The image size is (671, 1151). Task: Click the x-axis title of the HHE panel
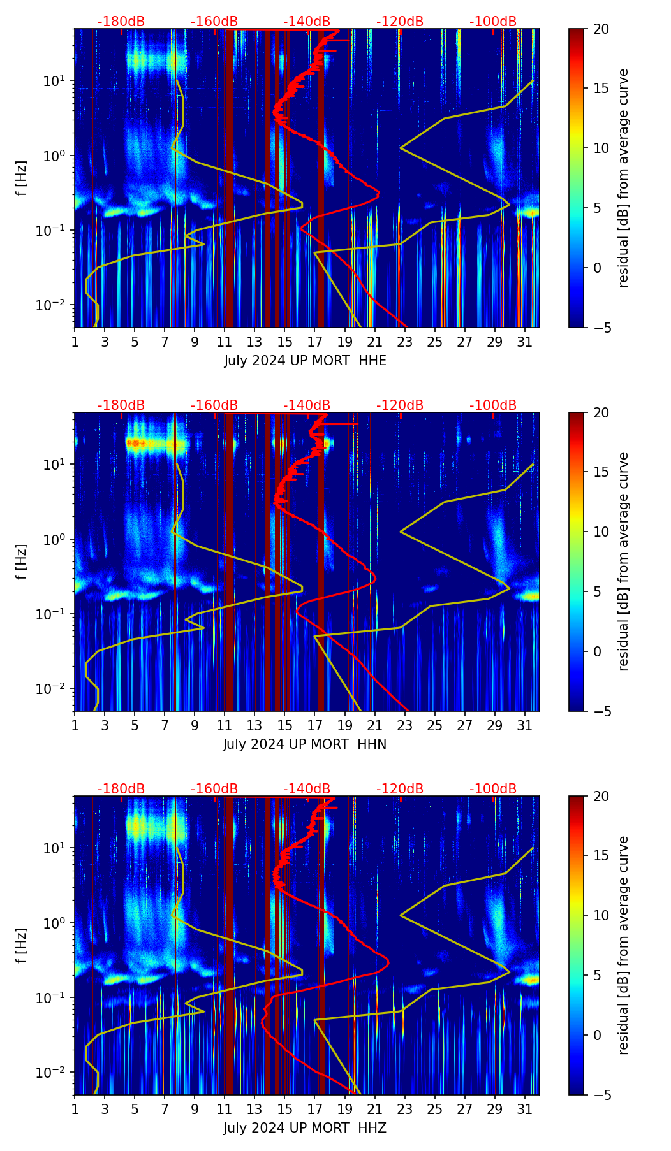click(x=305, y=361)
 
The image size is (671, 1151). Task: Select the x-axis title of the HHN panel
click(x=305, y=744)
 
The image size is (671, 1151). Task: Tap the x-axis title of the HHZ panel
click(x=305, y=1128)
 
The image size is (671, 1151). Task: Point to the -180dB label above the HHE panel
click(x=121, y=22)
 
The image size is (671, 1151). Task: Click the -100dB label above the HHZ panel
click(x=493, y=789)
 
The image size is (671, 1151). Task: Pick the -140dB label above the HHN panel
click(x=307, y=405)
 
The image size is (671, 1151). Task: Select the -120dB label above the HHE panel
click(x=400, y=22)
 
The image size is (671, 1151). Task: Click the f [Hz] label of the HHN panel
click(x=22, y=561)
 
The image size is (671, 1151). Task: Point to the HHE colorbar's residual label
click(x=623, y=178)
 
